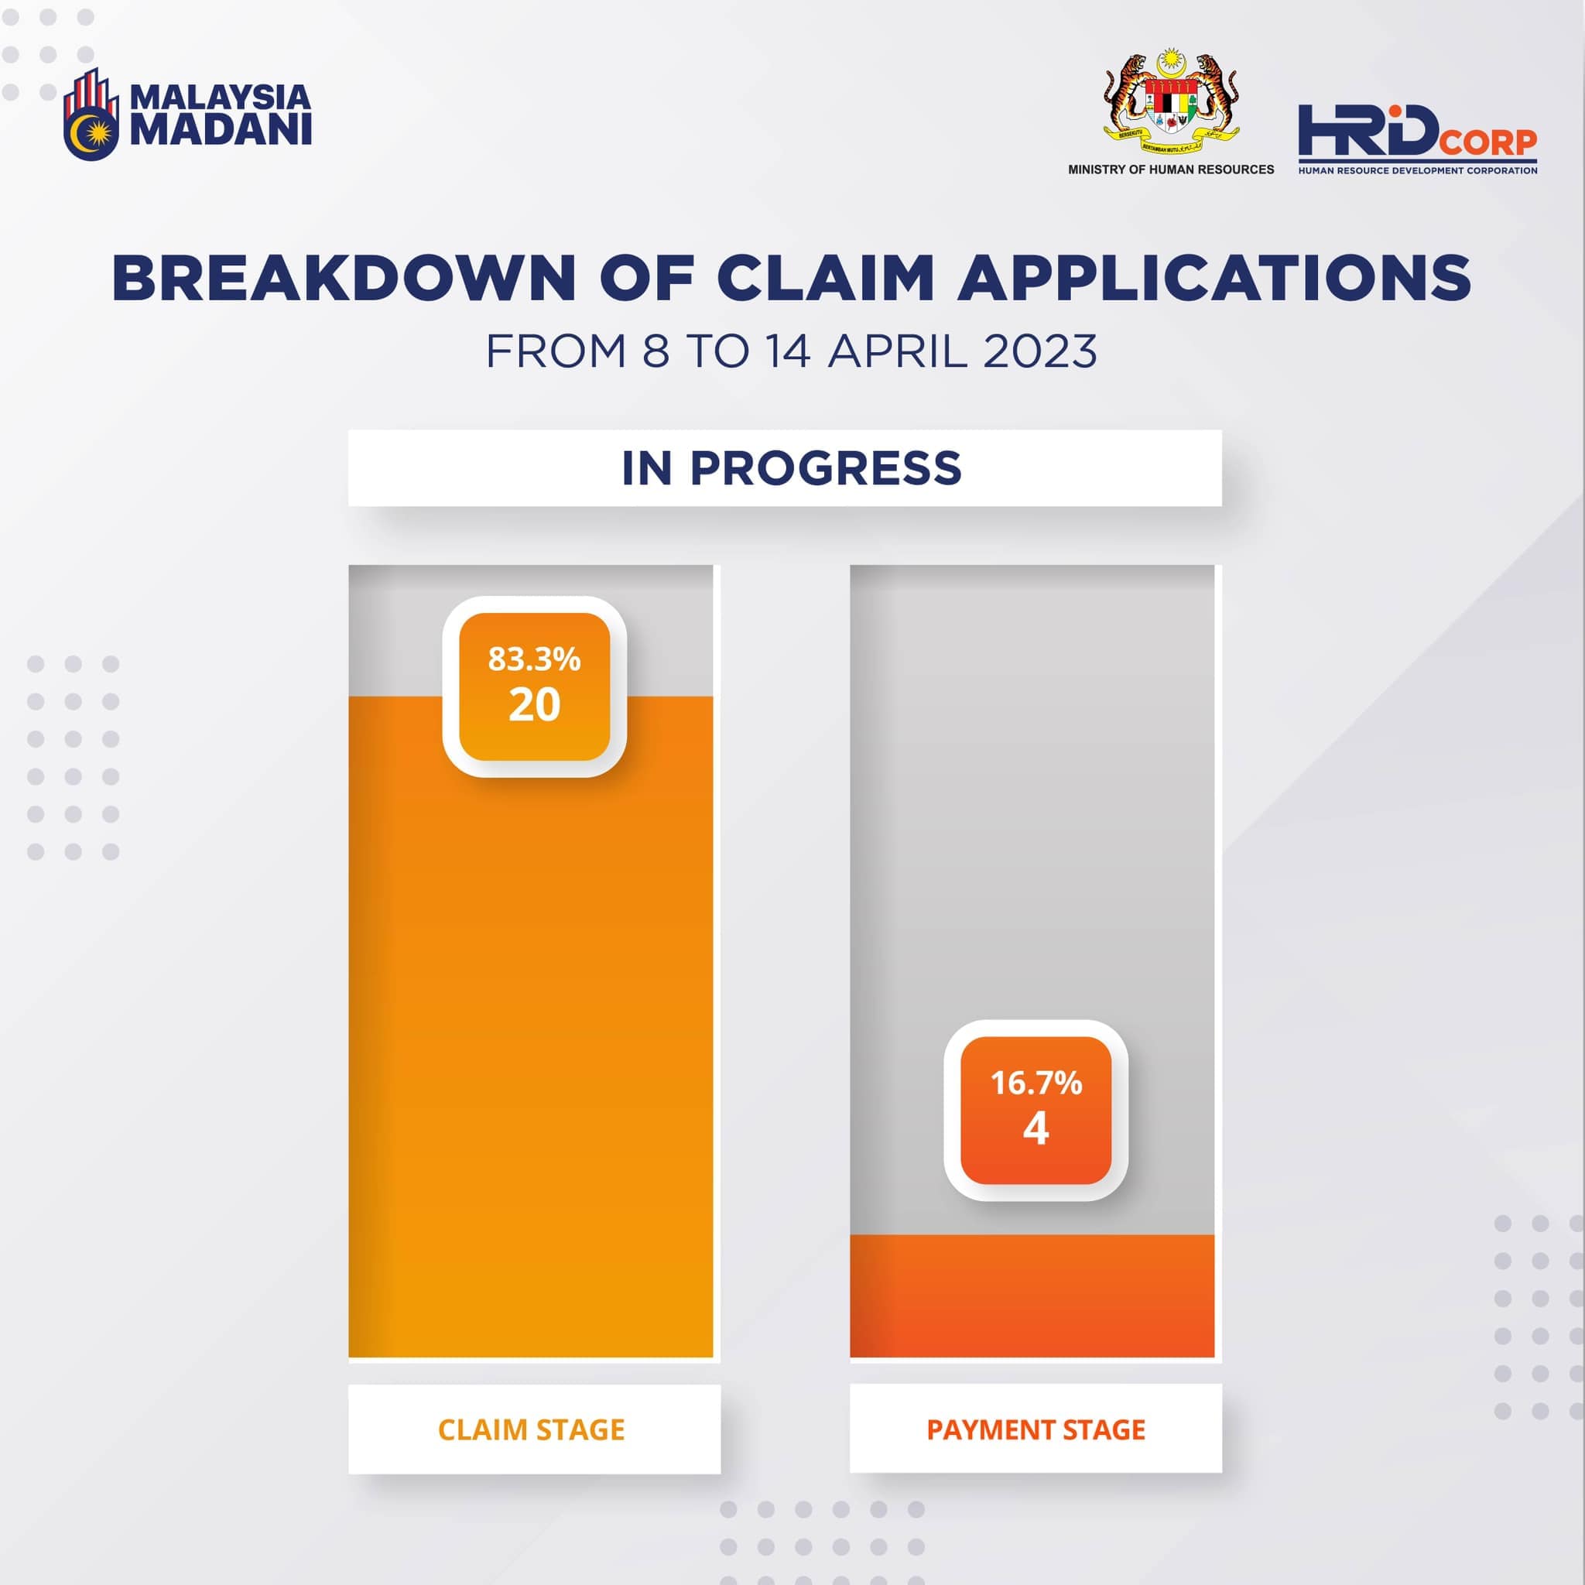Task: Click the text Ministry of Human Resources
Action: pyautogui.click(x=1171, y=169)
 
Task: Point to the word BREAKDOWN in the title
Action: pyautogui.click(x=344, y=278)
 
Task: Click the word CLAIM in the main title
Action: pyautogui.click(x=826, y=278)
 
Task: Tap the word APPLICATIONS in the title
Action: pyautogui.click(x=1215, y=278)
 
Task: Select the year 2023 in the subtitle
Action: pyautogui.click(x=1039, y=352)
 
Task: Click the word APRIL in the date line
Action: pyautogui.click(x=899, y=352)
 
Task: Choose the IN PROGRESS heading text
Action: pyautogui.click(x=792, y=468)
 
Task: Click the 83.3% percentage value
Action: pyautogui.click(x=534, y=659)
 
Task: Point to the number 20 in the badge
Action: pyautogui.click(x=534, y=705)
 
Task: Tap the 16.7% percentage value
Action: pyautogui.click(x=1036, y=1083)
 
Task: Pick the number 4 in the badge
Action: pyautogui.click(x=1036, y=1129)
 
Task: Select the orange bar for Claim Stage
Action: pyautogui.click(x=531, y=1027)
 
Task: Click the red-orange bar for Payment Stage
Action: pyautogui.click(x=1032, y=1296)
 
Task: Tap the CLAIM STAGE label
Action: pyautogui.click(x=532, y=1430)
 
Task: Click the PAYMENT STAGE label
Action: pyautogui.click(x=1036, y=1430)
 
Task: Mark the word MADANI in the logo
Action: pyautogui.click(x=221, y=129)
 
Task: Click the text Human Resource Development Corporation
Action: pyautogui.click(x=1418, y=170)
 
